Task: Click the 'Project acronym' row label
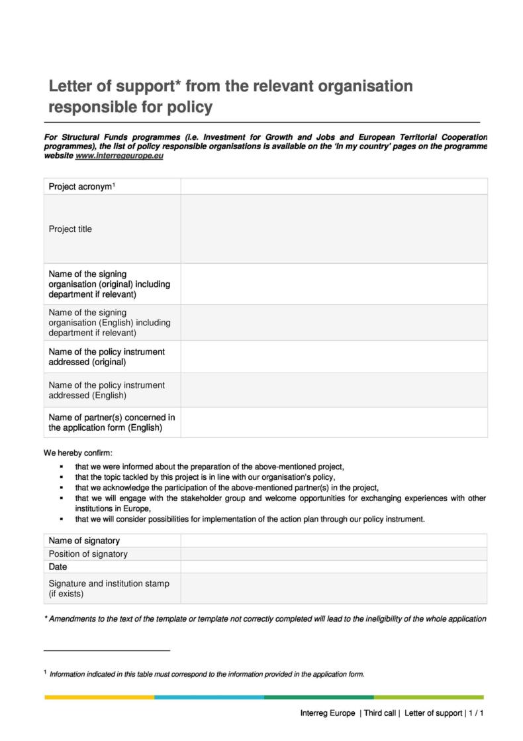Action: click(81, 187)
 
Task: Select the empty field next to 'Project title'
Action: click(334, 229)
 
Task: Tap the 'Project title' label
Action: click(70, 229)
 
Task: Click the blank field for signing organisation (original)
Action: click(334, 284)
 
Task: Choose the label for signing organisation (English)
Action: click(109, 323)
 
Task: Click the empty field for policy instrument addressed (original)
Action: click(334, 357)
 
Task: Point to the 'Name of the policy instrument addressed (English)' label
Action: click(107, 390)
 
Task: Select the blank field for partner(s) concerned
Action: click(334, 422)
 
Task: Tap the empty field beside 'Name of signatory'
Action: click(334, 541)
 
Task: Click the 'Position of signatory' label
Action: click(88, 554)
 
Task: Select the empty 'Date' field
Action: click(334, 567)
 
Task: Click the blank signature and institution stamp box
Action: click(334, 589)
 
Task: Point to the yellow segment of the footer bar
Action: click(99, 697)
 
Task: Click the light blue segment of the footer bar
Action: click(209, 697)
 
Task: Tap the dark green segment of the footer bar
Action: click(318, 697)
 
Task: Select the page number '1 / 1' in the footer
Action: click(476, 714)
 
